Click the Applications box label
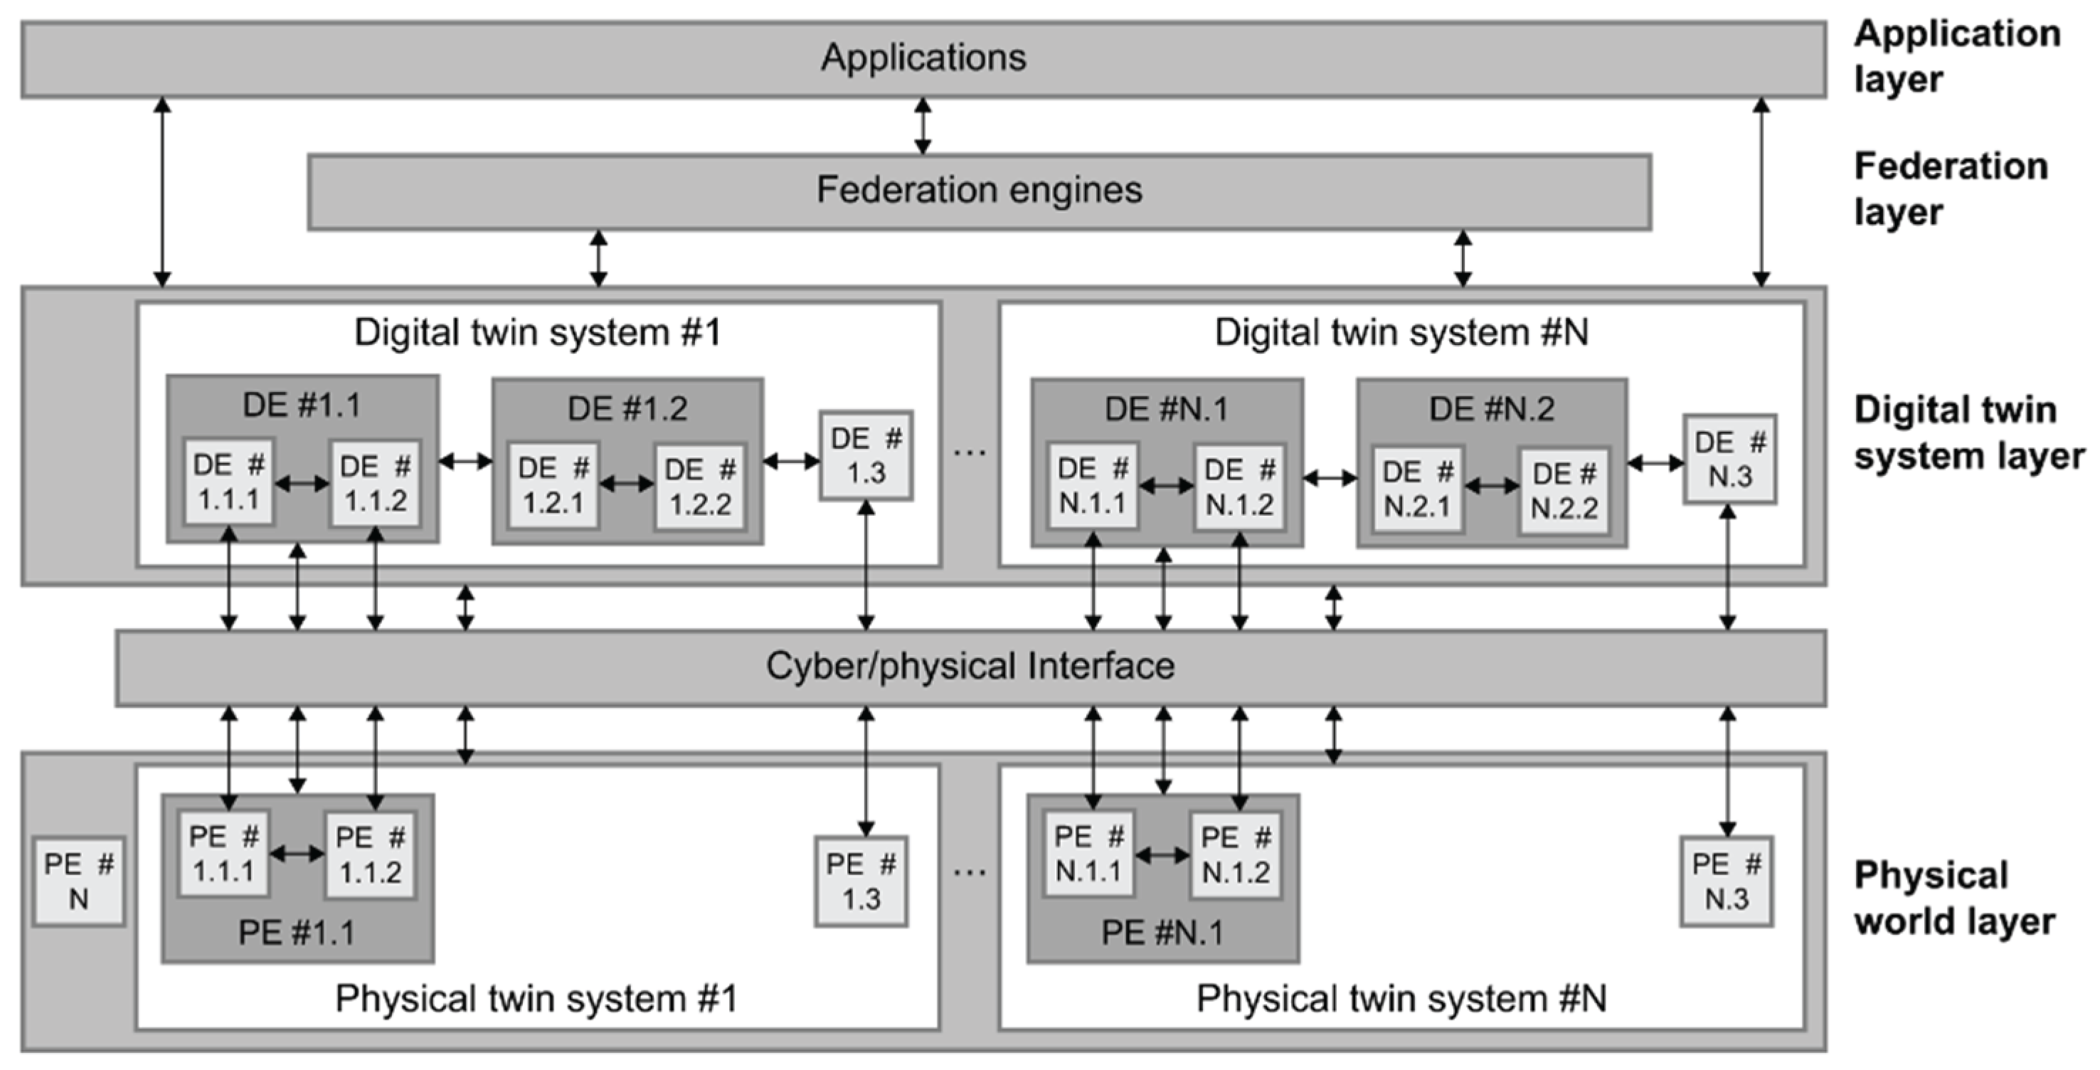point(923,58)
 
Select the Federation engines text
point(979,190)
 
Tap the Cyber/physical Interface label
point(970,667)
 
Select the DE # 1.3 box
point(866,455)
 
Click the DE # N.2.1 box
point(1417,489)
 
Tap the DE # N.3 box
point(1730,458)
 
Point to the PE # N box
point(78,881)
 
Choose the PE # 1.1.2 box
point(370,854)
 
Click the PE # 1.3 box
point(861,881)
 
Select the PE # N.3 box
point(1727,881)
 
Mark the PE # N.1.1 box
point(1089,854)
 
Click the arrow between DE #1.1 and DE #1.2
point(465,462)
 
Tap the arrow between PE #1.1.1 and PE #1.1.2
point(297,854)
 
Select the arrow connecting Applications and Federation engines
point(923,127)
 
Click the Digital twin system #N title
point(1401,333)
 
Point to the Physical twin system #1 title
point(536,998)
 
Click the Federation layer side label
point(1950,189)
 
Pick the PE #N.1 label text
point(1162,932)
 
